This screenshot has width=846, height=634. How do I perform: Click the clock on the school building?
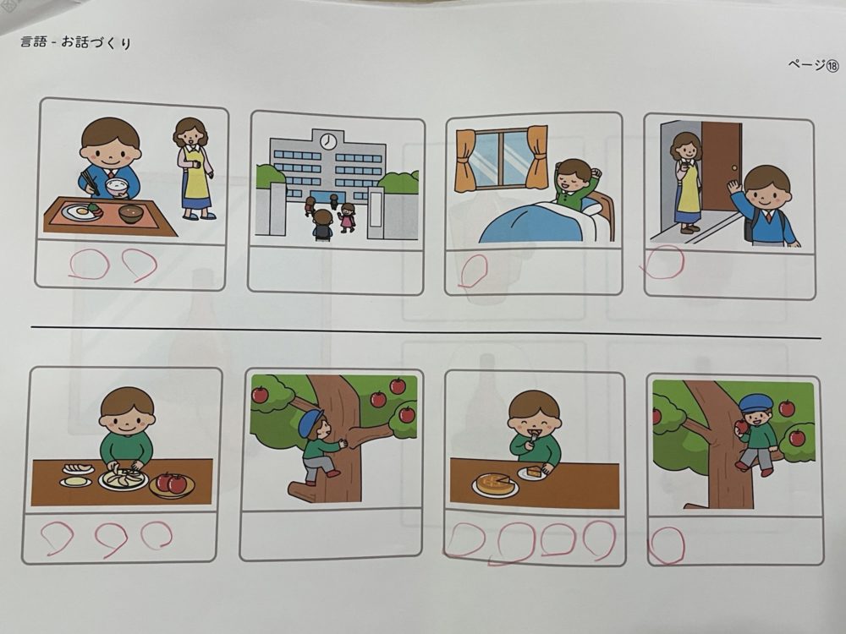tap(327, 141)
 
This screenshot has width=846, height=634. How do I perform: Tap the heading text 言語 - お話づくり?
tap(76, 42)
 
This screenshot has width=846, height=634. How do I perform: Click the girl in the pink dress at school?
tap(348, 218)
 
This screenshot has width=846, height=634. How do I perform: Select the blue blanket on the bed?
tap(530, 223)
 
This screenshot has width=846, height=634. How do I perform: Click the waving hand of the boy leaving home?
tap(734, 189)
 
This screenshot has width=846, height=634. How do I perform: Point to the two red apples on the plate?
tap(172, 483)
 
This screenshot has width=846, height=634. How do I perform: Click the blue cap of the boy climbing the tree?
tap(310, 421)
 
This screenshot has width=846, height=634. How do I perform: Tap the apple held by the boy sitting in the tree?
tap(743, 426)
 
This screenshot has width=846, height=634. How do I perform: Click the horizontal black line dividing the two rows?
tap(426, 332)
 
